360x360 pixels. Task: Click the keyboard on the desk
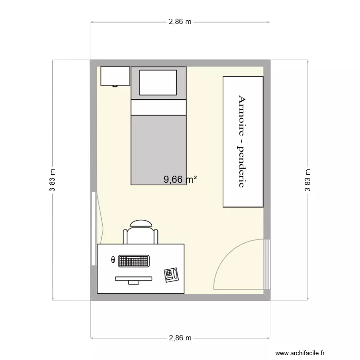(x=133, y=262)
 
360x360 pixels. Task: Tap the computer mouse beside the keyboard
(x=113, y=260)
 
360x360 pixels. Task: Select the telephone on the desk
(x=171, y=275)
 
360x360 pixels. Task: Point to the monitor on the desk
(x=133, y=279)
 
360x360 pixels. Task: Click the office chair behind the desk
(x=141, y=232)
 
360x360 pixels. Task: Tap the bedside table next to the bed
(x=115, y=76)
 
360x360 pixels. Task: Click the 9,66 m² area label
(x=180, y=180)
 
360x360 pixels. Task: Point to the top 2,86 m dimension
(x=180, y=22)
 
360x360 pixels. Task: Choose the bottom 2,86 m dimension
(x=180, y=338)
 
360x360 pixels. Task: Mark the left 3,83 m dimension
(x=52, y=180)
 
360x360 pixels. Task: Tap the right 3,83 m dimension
(x=307, y=180)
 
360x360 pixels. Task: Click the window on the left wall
(x=93, y=228)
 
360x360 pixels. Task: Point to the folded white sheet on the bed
(x=158, y=108)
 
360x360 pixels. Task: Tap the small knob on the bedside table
(x=115, y=86)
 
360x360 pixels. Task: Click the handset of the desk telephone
(x=176, y=275)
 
